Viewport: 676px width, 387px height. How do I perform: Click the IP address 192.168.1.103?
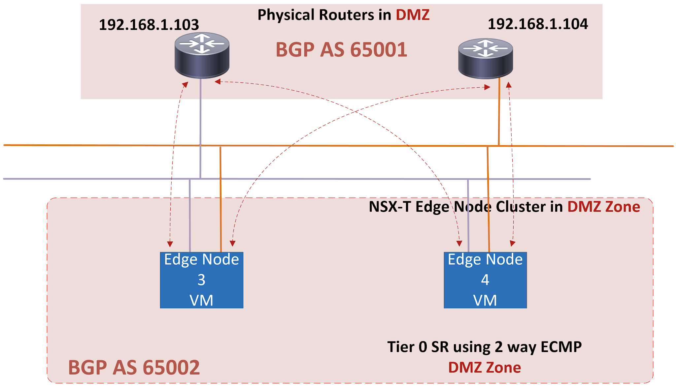point(149,25)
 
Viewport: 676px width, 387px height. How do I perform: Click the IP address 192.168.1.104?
point(538,24)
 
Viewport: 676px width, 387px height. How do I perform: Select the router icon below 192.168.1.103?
point(202,55)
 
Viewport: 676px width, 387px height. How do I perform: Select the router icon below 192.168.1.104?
point(485,59)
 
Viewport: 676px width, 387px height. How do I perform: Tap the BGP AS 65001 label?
point(341,50)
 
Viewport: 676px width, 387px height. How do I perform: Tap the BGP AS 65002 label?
point(134,367)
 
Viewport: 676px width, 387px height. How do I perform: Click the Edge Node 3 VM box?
point(202,280)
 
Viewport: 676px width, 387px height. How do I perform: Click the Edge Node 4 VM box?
point(485,280)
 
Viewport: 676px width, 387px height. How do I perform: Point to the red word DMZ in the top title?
point(413,15)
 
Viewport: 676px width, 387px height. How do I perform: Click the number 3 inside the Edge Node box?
point(201,280)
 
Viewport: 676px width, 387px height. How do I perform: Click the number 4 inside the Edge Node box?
point(485,280)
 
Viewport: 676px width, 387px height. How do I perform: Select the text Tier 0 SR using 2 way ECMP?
point(484,347)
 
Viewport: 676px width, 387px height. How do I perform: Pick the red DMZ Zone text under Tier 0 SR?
point(484,367)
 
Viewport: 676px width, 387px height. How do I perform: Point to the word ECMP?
point(561,347)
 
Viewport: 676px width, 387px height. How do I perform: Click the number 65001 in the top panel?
point(379,50)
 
